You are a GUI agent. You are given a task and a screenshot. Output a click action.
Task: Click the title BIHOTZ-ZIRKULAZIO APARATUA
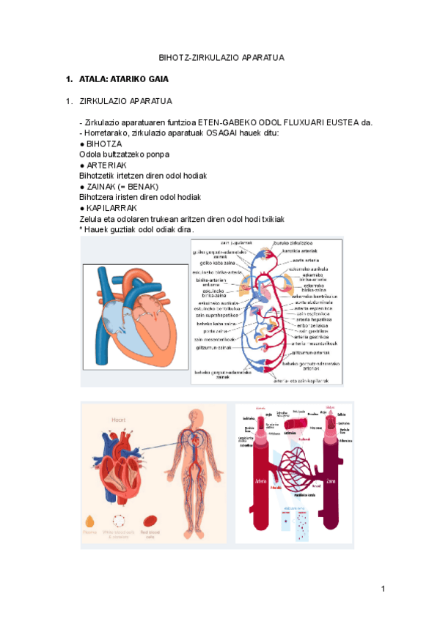click(221, 57)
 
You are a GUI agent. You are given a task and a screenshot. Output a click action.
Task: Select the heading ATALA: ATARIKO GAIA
click(124, 78)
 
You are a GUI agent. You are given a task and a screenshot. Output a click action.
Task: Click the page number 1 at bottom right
click(383, 589)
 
